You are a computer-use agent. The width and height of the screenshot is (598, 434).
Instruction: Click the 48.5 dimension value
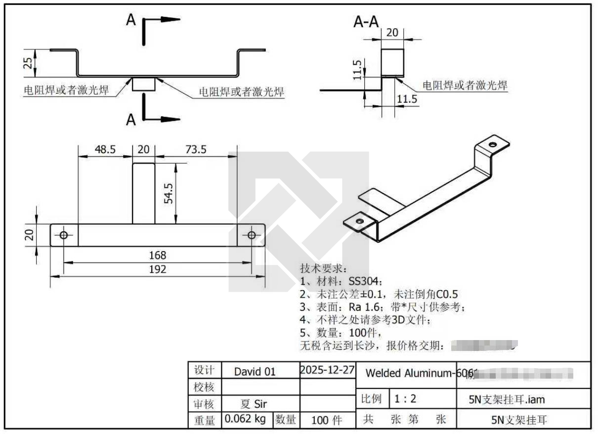[x=105, y=149]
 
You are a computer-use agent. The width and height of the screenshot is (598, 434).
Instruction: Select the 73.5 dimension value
[x=196, y=149]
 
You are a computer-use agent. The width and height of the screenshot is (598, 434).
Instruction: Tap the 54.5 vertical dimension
[x=169, y=193]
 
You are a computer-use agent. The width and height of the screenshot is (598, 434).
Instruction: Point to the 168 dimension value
[x=158, y=256]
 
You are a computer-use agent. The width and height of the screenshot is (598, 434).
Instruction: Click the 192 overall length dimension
[x=158, y=269]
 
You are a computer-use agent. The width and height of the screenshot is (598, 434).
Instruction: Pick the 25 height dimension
[x=29, y=63]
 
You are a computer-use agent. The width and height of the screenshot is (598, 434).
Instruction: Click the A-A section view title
[x=367, y=22]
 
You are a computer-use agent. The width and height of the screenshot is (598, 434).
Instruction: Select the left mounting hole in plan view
[x=64, y=235]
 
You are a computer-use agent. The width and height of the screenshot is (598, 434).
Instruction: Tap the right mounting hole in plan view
[x=252, y=235]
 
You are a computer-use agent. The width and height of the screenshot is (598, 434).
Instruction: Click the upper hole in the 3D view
[x=492, y=145]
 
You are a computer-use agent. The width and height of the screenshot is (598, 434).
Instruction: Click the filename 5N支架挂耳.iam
[x=507, y=399]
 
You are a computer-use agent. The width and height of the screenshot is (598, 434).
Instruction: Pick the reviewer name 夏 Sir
[x=253, y=404]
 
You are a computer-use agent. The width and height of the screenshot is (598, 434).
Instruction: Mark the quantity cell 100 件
[x=327, y=420]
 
